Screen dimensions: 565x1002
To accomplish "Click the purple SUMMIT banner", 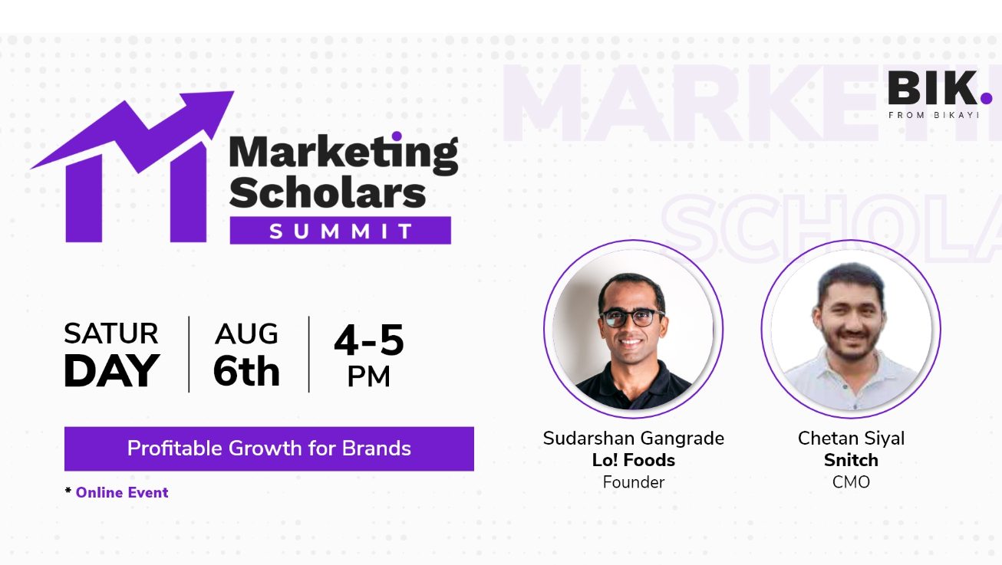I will pyautogui.click(x=340, y=230).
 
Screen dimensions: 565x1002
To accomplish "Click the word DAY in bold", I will pyautogui.click(x=111, y=371).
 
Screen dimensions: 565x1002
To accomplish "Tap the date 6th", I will pyautogui.click(x=246, y=371).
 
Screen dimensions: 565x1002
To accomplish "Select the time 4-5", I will pyautogui.click(x=368, y=340).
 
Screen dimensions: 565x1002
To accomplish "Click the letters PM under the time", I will pyautogui.click(x=368, y=377).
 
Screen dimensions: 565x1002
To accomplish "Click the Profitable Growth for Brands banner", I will pyautogui.click(x=269, y=448).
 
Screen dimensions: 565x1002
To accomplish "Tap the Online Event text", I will pyautogui.click(x=121, y=492).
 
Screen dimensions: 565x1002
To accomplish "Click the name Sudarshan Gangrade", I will pyautogui.click(x=633, y=439).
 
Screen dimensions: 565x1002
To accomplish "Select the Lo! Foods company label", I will pyautogui.click(x=633, y=460).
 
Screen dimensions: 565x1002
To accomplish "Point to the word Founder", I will pyautogui.click(x=633, y=482).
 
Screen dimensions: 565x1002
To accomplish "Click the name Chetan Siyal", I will pyautogui.click(x=851, y=439).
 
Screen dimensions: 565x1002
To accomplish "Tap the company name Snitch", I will pyautogui.click(x=851, y=460).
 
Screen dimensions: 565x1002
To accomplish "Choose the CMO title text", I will pyautogui.click(x=851, y=482).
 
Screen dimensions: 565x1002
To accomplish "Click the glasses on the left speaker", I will pyautogui.click(x=632, y=317).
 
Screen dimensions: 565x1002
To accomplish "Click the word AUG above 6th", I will pyautogui.click(x=246, y=334).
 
